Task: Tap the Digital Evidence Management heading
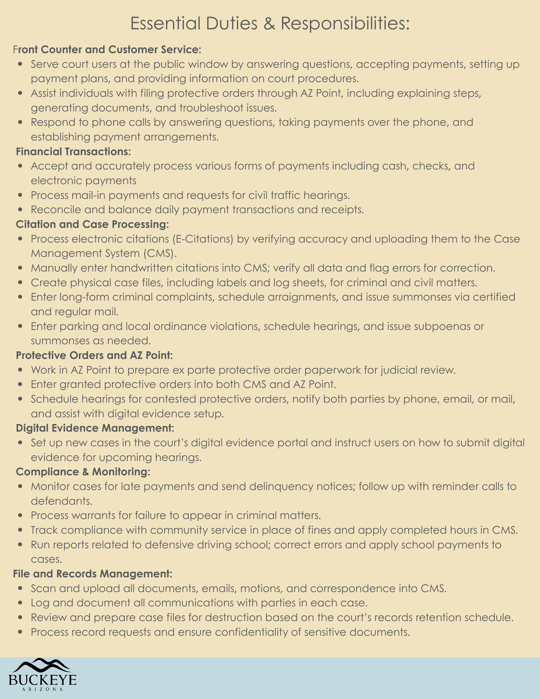[95, 428]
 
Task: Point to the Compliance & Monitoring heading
[83, 471]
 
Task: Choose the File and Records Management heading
[93, 574]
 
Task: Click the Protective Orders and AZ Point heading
[94, 355]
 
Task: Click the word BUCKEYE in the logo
[43, 679]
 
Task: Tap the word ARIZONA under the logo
[43, 690]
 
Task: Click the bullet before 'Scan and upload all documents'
[21, 589]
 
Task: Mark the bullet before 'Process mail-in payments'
[21, 195]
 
